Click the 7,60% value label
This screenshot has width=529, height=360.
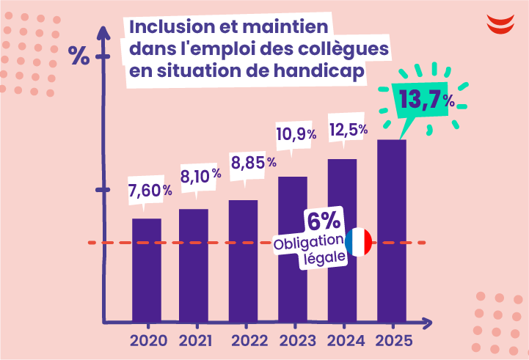(150, 190)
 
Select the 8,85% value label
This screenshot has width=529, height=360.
(253, 161)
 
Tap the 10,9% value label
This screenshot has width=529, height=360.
(296, 134)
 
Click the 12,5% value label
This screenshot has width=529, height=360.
(348, 130)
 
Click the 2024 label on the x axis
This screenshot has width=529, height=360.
(346, 341)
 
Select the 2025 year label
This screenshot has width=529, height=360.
(394, 341)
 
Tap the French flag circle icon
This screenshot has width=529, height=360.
(359, 242)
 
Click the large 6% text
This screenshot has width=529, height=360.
(323, 221)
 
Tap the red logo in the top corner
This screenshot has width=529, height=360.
(500, 23)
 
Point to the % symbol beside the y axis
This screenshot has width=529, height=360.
(79, 55)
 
